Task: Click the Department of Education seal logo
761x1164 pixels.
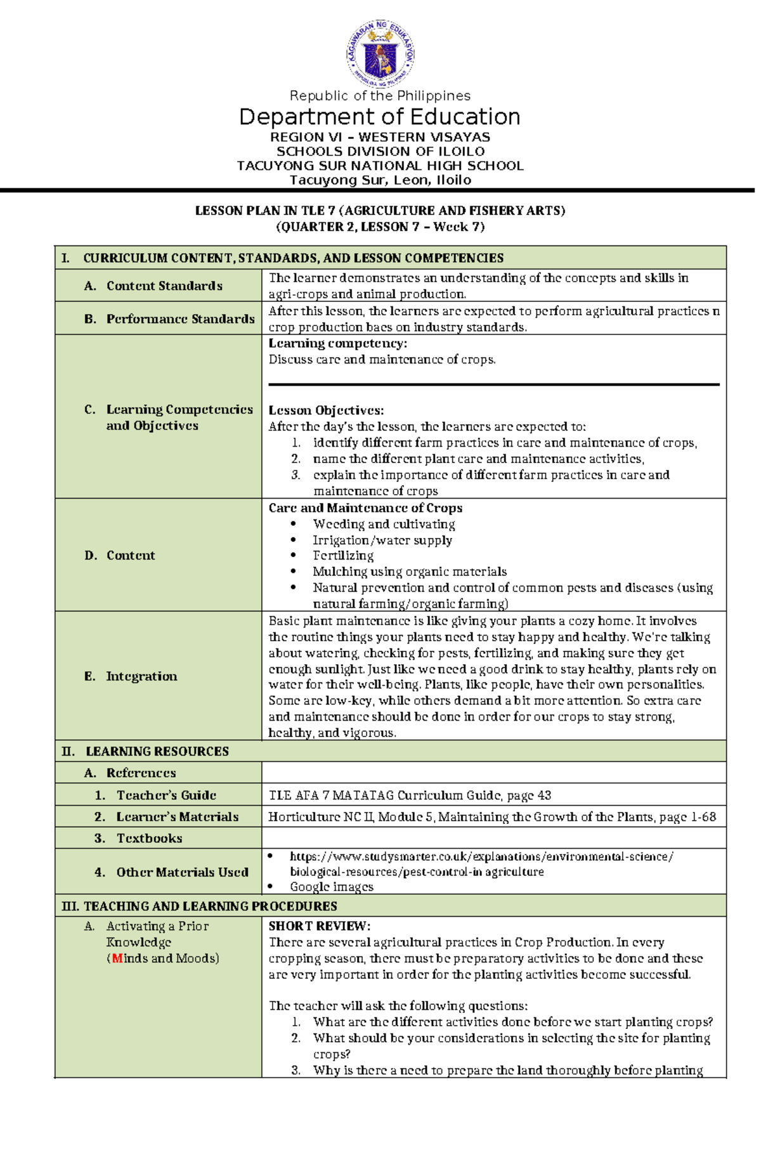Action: tap(380, 54)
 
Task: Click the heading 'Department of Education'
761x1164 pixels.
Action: tap(380, 117)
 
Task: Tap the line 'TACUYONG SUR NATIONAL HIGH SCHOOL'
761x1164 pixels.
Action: tap(380, 166)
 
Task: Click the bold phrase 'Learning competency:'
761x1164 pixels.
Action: tap(337, 343)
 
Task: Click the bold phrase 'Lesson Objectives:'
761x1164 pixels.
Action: tap(326, 410)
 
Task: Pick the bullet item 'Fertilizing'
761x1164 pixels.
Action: tap(343, 555)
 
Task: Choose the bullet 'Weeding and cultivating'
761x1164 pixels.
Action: tap(384, 524)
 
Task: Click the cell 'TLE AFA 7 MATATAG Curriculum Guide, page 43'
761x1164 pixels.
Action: tap(410, 795)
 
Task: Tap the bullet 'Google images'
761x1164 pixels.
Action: tap(331, 887)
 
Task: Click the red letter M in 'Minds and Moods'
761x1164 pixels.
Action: tap(117, 958)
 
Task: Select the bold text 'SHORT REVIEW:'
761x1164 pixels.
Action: tap(319, 926)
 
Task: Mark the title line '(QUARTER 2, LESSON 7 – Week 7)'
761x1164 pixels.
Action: tap(380, 227)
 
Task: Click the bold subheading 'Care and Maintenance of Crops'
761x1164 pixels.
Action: tap(365, 508)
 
